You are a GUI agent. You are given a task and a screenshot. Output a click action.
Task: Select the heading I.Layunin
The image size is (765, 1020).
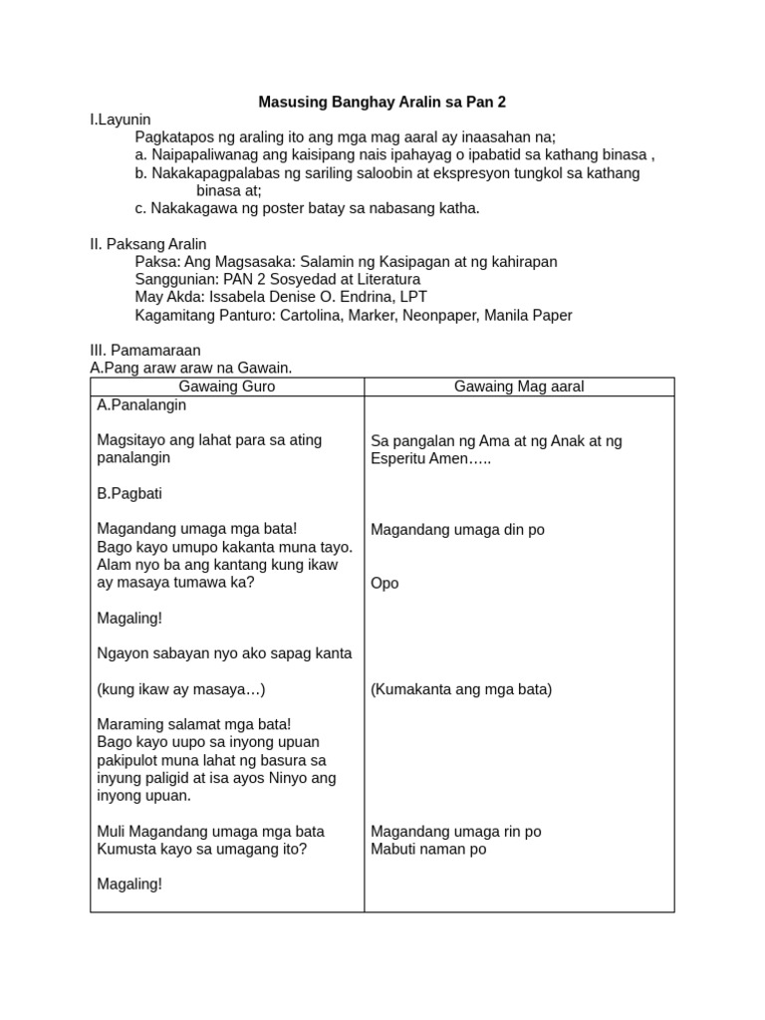tap(120, 120)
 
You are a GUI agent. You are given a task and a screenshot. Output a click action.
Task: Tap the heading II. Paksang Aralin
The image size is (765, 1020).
tap(148, 244)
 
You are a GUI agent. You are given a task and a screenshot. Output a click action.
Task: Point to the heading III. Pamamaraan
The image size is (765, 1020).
tap(145, 351)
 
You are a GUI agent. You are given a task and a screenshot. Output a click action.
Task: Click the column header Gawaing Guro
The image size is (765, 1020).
tap(227, 386)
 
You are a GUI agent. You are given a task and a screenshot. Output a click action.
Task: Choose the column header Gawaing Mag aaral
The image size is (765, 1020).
tap(519, 386)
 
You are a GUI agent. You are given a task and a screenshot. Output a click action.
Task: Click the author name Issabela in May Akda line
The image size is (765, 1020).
tap(246, 297)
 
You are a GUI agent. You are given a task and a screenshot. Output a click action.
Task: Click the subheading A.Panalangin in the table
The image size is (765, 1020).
tap(142, 405)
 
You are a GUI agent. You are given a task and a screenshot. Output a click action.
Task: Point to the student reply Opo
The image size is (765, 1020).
tap(384, 583)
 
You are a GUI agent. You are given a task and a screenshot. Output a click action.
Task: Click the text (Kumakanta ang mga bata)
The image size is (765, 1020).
tap(461, 689)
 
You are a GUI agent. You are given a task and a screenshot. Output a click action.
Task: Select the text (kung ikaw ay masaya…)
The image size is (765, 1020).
tap(181, 689)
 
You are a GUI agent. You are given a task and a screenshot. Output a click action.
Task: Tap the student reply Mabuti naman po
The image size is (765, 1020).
tap(428, 850)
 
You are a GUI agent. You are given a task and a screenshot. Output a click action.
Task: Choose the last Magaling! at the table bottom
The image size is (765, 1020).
tap(129, 884)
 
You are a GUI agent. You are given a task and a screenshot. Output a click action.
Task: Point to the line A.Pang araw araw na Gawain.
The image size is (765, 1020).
tap(191, 369)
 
